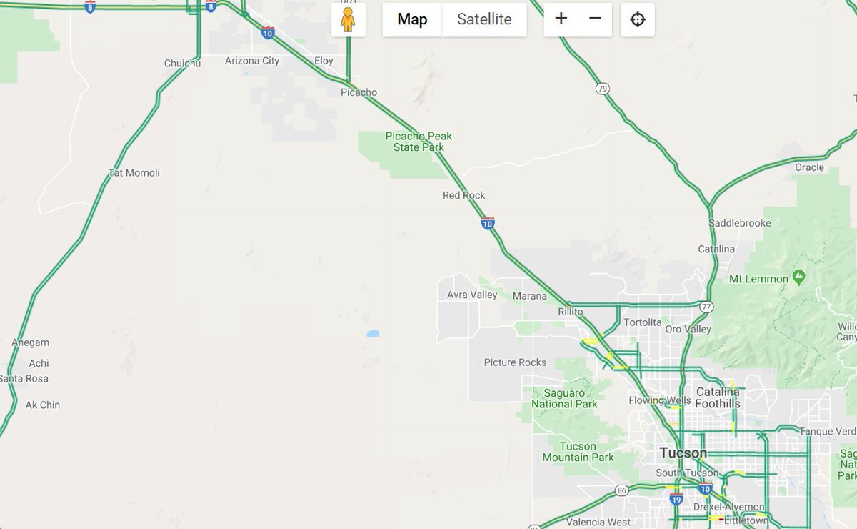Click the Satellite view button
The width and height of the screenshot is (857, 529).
click(x=484, y=19)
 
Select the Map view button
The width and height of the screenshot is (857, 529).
click(x=412, y=19)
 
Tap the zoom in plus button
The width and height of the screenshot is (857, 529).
click(x=561, y=19)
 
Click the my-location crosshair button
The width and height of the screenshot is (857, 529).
click(x=638, y=19)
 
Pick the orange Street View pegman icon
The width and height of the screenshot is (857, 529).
click(x=348, y=19)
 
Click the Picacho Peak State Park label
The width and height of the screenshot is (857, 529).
click(x=419, y=142)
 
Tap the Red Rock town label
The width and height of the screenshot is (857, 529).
click(x=464, y=195)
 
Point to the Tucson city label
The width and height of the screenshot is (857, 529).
click(x=683, y=453)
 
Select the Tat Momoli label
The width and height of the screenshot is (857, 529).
click(x=134, y=172)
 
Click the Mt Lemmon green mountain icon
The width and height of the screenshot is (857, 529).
click(x=798, y=277)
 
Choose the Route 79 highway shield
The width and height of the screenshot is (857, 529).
click(x=603, y=89)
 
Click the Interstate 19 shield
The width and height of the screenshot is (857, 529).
click(x=676, y=499)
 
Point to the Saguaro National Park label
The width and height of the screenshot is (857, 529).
click(x=564, y=398)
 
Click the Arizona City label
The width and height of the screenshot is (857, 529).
click(x=252, y=61)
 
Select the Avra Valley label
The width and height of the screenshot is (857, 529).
click(x=472, y=295)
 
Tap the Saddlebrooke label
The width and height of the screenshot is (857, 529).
click(x=740, y=223)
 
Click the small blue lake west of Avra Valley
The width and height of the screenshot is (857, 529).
click(x=373, y=333)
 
